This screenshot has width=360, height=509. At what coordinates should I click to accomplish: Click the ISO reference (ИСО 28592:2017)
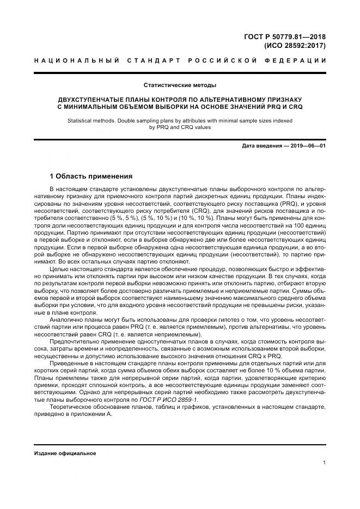295,46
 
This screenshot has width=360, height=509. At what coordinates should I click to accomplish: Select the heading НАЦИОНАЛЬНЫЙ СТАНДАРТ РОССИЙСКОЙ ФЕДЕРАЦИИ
180,61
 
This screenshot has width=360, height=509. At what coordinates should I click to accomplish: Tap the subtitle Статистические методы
180,85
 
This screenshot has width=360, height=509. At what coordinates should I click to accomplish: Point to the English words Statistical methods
90,120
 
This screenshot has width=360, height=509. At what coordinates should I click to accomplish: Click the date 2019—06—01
307,146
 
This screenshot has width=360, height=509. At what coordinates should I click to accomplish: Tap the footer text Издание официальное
65,453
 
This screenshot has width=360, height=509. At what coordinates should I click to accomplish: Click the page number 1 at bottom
324,463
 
